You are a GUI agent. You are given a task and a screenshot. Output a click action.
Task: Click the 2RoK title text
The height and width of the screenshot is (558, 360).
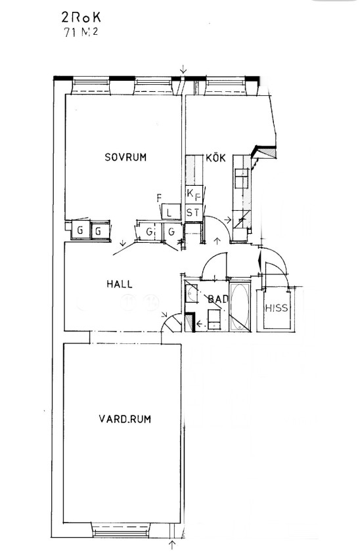pos(81,18)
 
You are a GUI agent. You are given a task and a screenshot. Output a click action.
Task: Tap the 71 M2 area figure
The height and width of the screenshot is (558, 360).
pos(81,32)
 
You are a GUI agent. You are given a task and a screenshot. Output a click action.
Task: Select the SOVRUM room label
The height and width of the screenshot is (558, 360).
pos(125,157)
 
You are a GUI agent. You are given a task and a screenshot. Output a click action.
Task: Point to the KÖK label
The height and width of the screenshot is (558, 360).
pos(215,158)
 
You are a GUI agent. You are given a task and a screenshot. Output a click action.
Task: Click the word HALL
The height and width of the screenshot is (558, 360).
pos(120,284)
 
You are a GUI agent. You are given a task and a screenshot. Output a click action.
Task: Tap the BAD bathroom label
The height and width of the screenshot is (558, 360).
pos(218,299)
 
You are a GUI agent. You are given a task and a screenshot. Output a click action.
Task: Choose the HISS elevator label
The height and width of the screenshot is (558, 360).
pos(277,308)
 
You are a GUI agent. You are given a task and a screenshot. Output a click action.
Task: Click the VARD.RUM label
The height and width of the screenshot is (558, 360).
pos(125,419)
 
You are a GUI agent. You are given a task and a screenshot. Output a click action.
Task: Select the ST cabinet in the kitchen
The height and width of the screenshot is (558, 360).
pos(193,213)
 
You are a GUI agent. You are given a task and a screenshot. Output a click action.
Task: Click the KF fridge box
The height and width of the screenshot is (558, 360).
pos(194,195)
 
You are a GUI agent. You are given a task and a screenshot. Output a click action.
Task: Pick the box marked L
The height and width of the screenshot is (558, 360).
pos(169,213)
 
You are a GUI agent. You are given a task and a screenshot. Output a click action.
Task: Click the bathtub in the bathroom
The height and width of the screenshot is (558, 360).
pos(240,307)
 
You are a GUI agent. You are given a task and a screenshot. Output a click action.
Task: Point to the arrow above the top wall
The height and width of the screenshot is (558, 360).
pos(183,69)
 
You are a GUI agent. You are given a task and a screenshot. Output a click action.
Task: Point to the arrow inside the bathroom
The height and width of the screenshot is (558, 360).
pos(201,324)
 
